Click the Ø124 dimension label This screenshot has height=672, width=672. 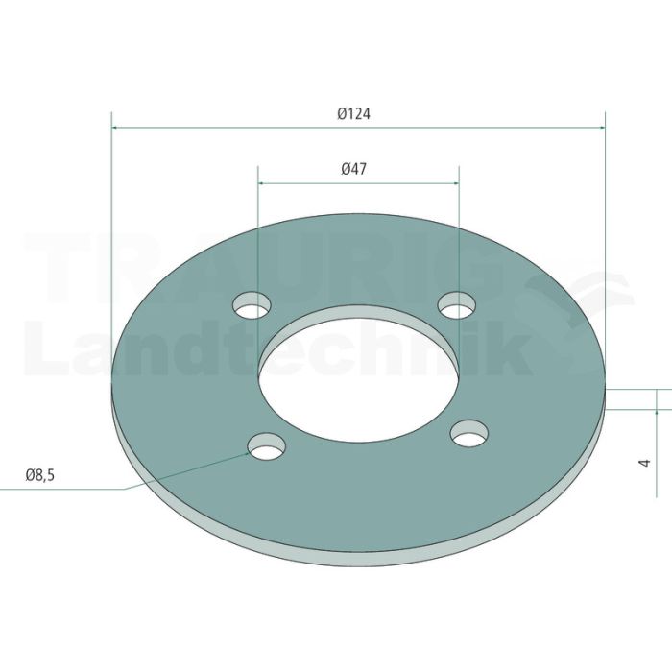(x=353, y=114)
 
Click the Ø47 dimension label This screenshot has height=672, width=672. (x=354, y=169)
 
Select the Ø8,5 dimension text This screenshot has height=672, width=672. (x=40, y=475)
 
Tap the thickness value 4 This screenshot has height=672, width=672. (x=644, y=463)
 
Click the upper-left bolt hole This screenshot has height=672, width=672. (x=252, y=305)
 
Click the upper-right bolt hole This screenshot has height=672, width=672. (x=457, y=305)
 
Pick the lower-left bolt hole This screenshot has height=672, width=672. (x=267, y=446)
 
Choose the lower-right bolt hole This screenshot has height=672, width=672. (x=469, y=433)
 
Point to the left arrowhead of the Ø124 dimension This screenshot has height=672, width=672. (x=115, y=128)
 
